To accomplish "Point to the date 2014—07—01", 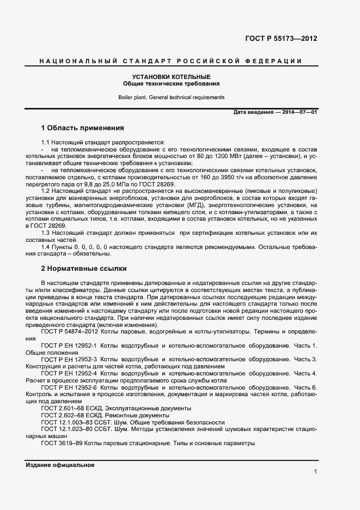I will pyautogui.click(x=300, y=112).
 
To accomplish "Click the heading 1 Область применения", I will pyautogui.click(x=83, y=128).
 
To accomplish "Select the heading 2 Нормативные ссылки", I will pyautogui.click(x=84, y=269).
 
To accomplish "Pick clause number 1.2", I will pyautogui.click(x=46, y=190).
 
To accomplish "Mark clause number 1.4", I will pyautogui.click(x=46, y=247).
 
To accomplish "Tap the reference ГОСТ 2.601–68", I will pyautogui.click(x=62, y=408).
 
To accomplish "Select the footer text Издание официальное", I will pyautogui.click(x=60, y=465).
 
